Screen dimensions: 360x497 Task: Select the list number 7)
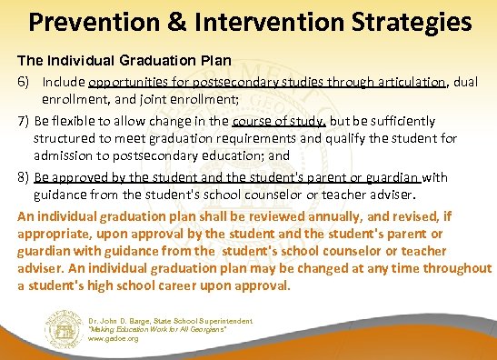tap(25, 121)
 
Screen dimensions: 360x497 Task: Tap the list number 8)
tap(25, 177)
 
